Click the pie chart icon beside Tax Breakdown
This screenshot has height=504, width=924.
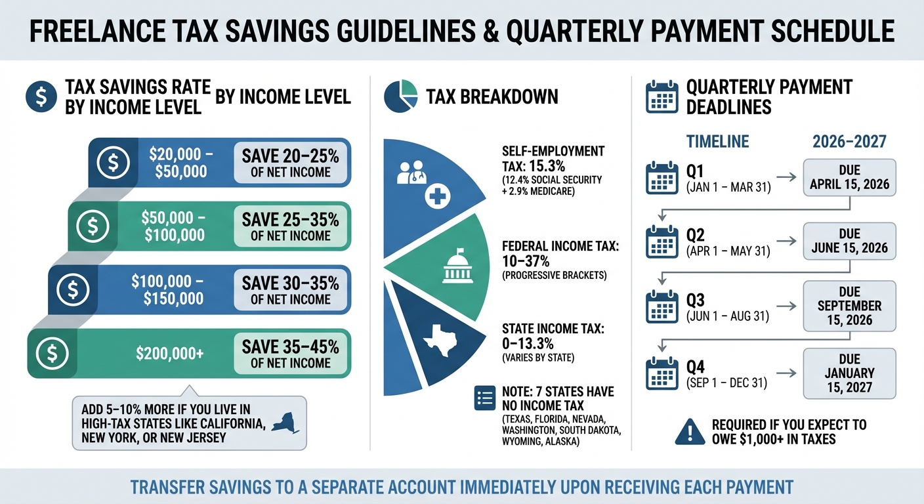click(x=400, y=96)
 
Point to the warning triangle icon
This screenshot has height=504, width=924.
click(x=689, y=430)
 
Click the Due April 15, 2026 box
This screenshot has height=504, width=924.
click(x=849, y=177)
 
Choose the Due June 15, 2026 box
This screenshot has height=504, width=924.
click(x=849, y=241)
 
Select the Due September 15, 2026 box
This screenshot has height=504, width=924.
click(x=849, y=305)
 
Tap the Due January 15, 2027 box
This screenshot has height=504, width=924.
click(x=849, y=373)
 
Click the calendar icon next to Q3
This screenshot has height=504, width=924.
click(x=661, y=307)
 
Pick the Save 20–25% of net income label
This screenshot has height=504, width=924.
click(x=290, y=163)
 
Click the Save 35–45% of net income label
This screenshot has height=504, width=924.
click(x=290, y=354)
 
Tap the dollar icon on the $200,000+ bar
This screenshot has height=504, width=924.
click(x=52, y=353)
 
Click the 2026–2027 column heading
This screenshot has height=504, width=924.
click(x=849, y=141)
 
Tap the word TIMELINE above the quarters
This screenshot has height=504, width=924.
click(x=717, y=141)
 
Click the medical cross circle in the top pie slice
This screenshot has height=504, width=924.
click(x=435, y=196)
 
